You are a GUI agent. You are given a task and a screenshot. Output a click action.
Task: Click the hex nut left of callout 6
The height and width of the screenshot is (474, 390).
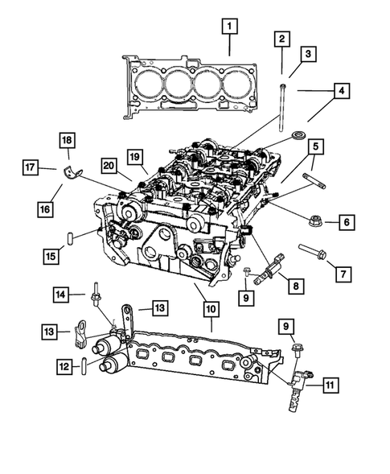tap(314, 218)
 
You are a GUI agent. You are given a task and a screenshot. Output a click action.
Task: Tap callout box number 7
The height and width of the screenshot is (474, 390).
tap(343, 274)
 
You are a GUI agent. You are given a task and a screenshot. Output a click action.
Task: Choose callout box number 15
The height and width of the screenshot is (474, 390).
tap(50, 257)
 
